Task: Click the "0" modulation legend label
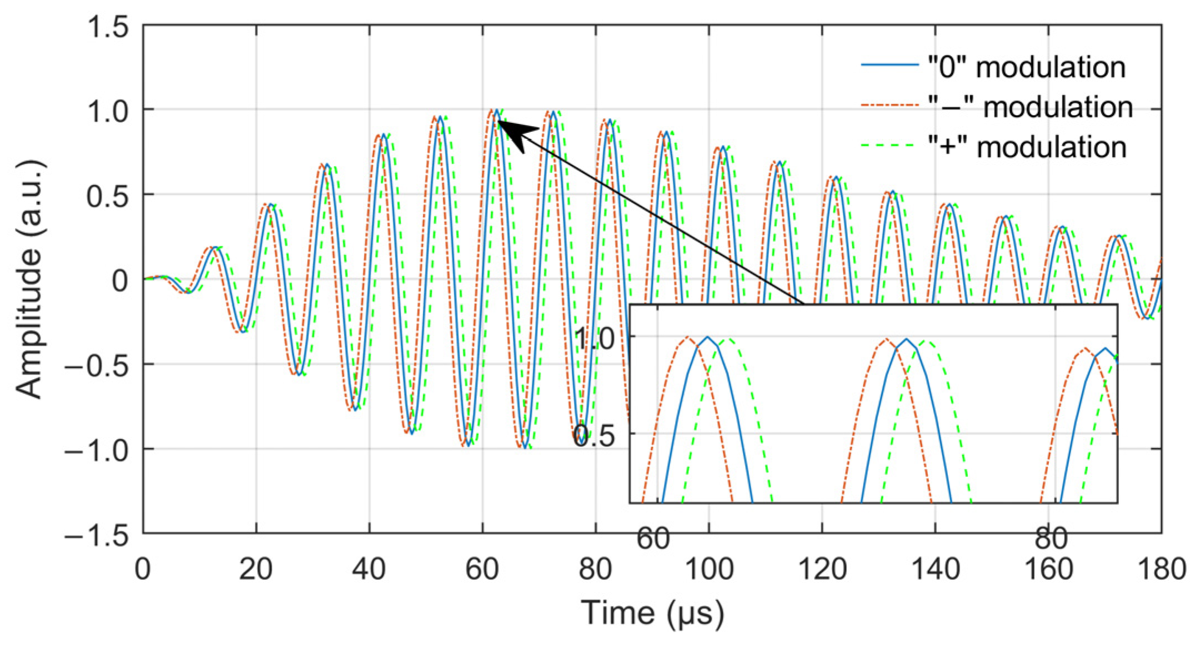coord(1026,67)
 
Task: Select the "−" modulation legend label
coord(1030,107)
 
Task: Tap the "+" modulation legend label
coord(1027,147)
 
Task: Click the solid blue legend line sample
coord(889,66)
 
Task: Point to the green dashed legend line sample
coord(889,146)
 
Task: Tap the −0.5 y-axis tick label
coord(97,365)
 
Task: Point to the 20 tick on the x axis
coord(256,569)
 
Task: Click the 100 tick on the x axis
coord(708,569)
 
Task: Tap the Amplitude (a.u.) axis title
coord(29,280)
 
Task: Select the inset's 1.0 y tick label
coord(595,339)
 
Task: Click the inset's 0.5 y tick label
coord(595,436)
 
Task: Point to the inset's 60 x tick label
coord(653,538)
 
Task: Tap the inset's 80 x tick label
coord(1051,538)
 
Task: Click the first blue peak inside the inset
coord(707,337)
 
